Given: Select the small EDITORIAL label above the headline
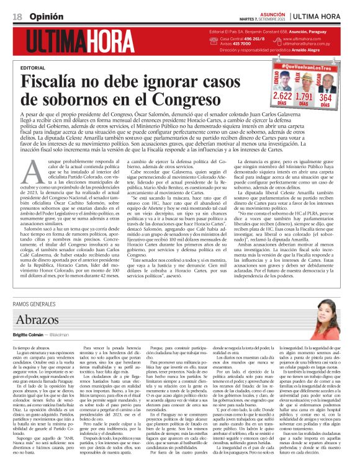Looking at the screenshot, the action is pyautogui.click(x=32, y=68).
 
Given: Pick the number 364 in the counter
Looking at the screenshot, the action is pyautogui.click(x=325, y=97).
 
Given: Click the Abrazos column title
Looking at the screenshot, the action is pyautogui.click(x=37, y=336).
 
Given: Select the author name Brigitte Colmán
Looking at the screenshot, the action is pyautogui.click(x=29, y=352).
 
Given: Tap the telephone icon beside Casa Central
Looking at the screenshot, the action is pyautogui.click(x=214, y=40).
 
